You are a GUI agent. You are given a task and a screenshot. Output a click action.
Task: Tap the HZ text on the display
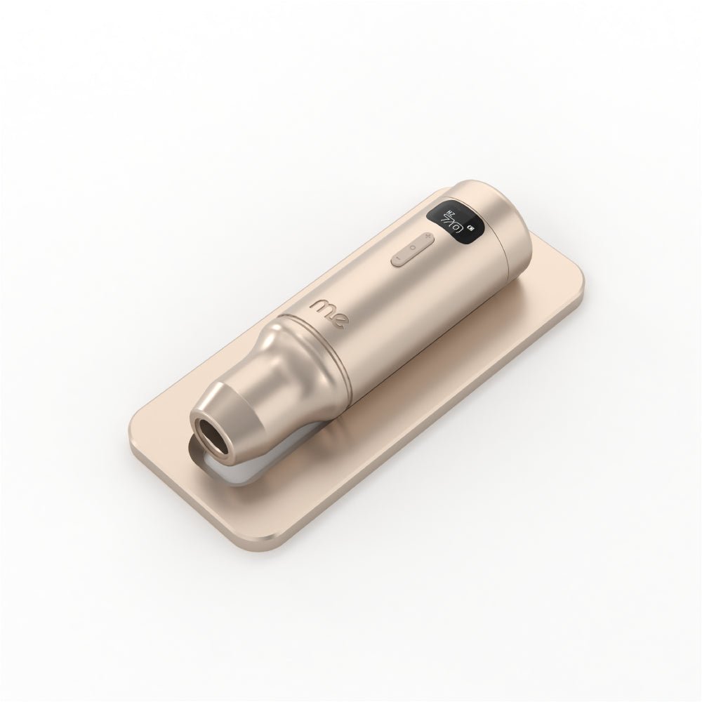tap(451, 212)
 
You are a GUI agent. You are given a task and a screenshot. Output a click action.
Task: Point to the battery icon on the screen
tap(472, 229)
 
